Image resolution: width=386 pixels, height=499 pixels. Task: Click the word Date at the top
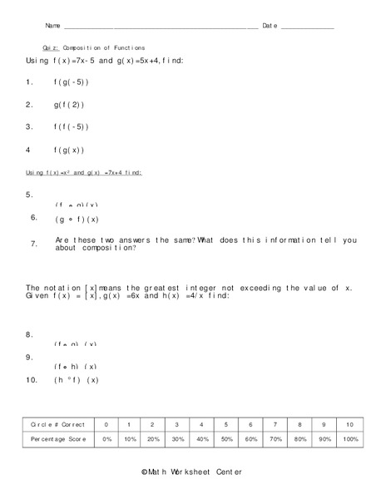click(270, 26)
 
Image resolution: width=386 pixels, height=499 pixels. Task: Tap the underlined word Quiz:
click(50, 48)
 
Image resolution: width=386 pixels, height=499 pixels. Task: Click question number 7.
click(33, 245)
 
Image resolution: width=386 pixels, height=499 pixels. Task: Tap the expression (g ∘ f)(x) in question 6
click(77, 220)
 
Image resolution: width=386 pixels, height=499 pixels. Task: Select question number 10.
click(31, 380)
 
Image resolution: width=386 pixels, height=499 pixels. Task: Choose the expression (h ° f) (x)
click(77, 380)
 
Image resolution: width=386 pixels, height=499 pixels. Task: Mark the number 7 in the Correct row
click(275, 424)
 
